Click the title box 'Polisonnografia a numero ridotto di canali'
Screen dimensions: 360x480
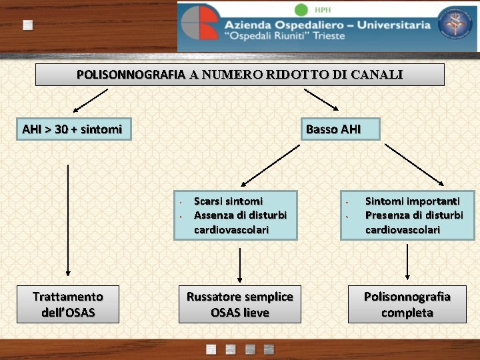pos(239,75)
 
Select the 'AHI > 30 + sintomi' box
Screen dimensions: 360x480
pos(73,129)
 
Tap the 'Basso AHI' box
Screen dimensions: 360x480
pos(333,129)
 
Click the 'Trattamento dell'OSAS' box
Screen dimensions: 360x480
pos(68,305)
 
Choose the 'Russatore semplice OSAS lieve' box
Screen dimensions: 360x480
pos(240,305)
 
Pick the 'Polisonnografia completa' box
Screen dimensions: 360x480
pos(407,305)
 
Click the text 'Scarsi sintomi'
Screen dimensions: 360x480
pos(228,201)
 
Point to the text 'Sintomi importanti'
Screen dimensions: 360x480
pos(412,201)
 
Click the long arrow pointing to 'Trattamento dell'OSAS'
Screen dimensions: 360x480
pos(68,220)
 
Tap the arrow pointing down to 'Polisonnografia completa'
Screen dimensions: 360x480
pos(407,262)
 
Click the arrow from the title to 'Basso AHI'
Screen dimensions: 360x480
pos(321,98)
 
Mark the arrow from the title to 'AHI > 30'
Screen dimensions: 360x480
pos(90,99)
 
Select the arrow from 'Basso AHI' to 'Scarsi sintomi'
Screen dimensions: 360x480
pos(271,165)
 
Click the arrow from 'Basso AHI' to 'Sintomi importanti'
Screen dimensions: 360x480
pos(414,164)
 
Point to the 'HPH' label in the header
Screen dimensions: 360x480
pos(322,9)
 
